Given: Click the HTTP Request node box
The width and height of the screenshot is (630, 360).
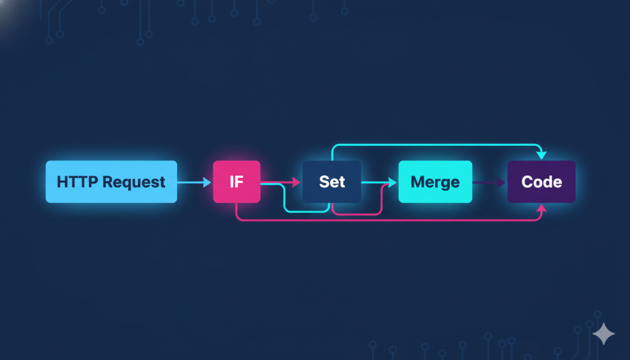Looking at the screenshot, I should (111, 182).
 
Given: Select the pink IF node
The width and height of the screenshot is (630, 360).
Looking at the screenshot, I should (236, 182).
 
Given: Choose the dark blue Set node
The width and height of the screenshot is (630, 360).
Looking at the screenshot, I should (332, 182).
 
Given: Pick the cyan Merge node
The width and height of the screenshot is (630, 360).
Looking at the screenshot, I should (435, 182).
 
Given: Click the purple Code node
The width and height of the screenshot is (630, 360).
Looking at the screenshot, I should (541, 182).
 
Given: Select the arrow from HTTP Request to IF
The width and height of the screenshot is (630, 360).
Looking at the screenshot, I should (194, 182).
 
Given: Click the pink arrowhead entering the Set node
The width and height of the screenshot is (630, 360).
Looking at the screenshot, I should (297, 182).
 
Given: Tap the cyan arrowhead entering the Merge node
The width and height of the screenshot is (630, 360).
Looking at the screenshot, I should (392, 182).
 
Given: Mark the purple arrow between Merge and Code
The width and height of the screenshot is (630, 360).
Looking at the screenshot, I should (489, 182).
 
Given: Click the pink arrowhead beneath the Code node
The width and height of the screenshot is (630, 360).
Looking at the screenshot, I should (541, 209).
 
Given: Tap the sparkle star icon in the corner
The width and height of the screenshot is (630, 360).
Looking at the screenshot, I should (604, 334).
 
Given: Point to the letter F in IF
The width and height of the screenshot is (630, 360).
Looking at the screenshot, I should (241, 182).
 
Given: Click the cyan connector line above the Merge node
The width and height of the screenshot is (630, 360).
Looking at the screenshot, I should (435, 146).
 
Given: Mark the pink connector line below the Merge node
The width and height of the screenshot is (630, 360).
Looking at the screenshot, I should (435, 220).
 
